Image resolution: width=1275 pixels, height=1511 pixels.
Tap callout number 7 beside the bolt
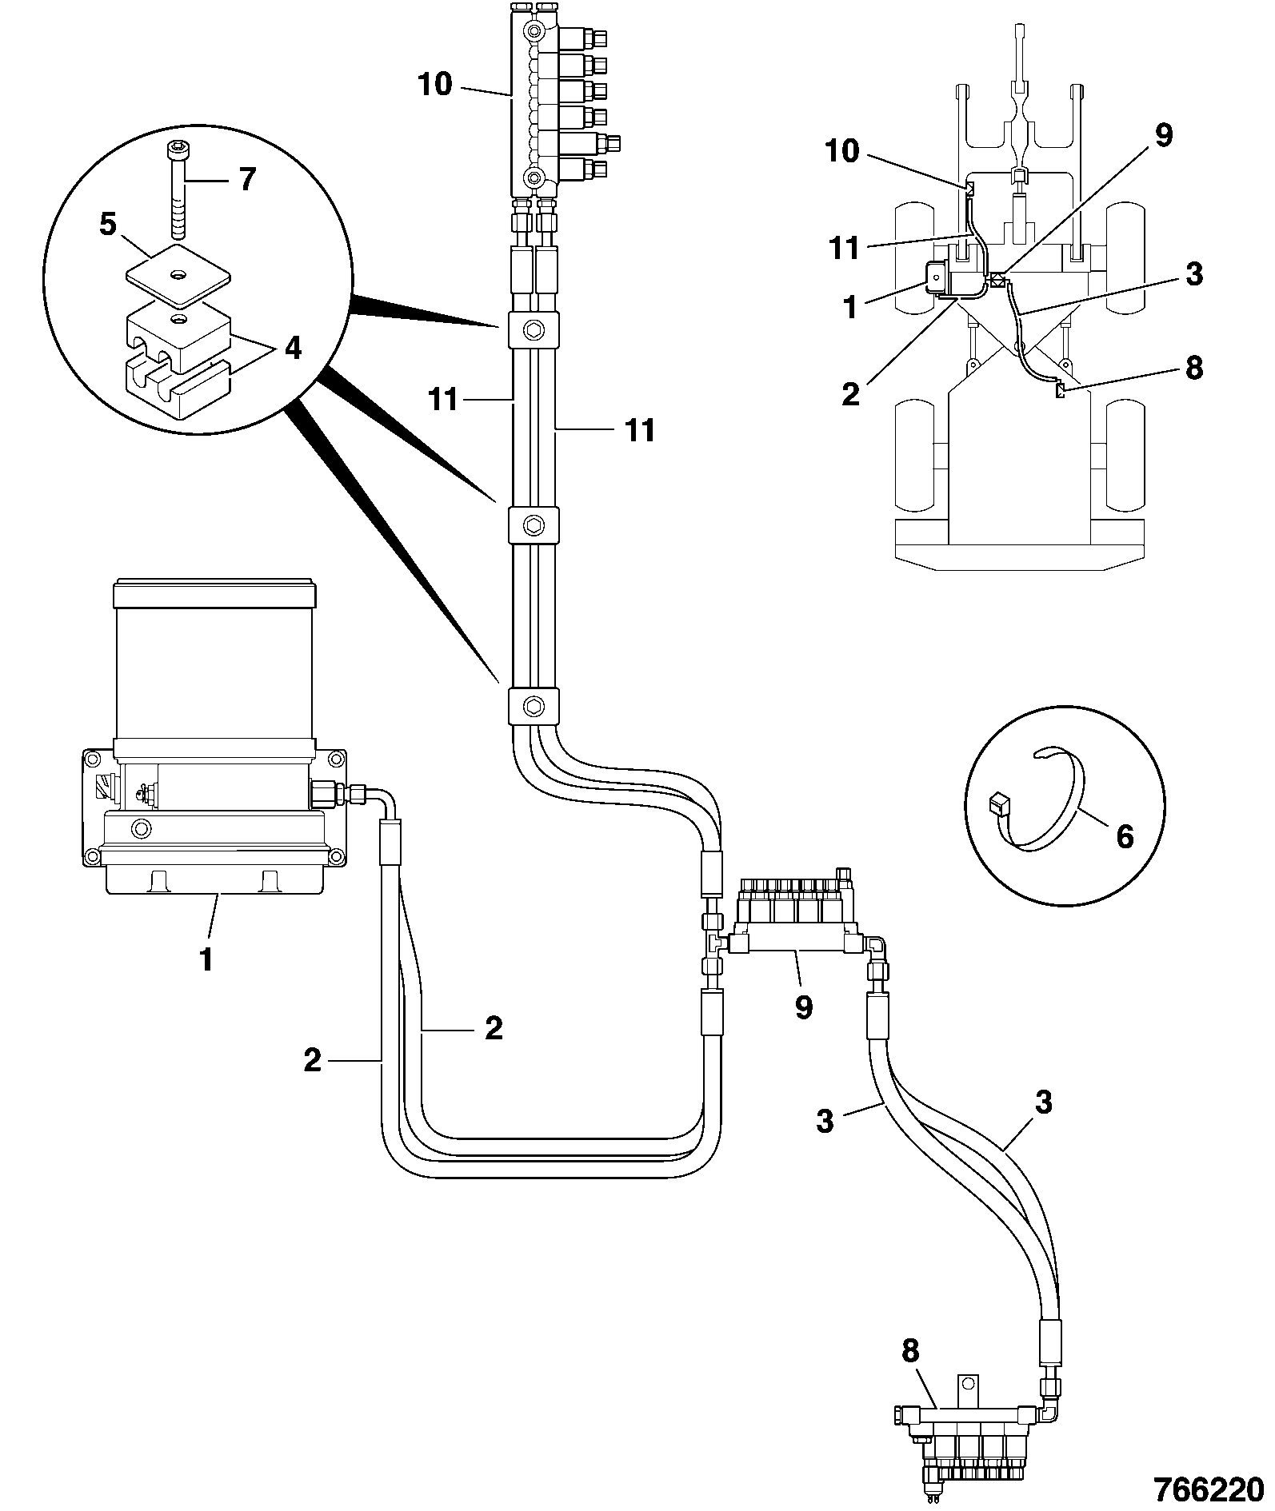(247, 179)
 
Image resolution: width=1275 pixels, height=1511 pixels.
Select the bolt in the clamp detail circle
(178, 189)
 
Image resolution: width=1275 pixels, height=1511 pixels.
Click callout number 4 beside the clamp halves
(294, 348)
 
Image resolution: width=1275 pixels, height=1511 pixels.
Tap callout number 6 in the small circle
(1124, 836)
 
